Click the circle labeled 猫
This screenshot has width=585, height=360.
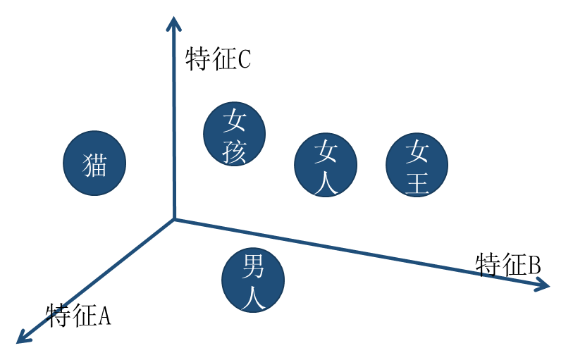point(94,163)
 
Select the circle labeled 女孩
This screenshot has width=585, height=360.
point(234,133)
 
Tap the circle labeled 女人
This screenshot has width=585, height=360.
point(325,164)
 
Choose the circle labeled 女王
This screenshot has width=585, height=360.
point(417,164)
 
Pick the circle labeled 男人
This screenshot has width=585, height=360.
point(252,279)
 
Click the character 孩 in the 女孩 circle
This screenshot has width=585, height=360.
point(234,151)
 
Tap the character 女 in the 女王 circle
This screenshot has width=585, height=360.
point(417,150)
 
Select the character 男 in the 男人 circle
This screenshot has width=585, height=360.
point(252,266)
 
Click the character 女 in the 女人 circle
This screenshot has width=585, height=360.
point(326,150)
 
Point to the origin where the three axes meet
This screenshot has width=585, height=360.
point(174,219)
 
